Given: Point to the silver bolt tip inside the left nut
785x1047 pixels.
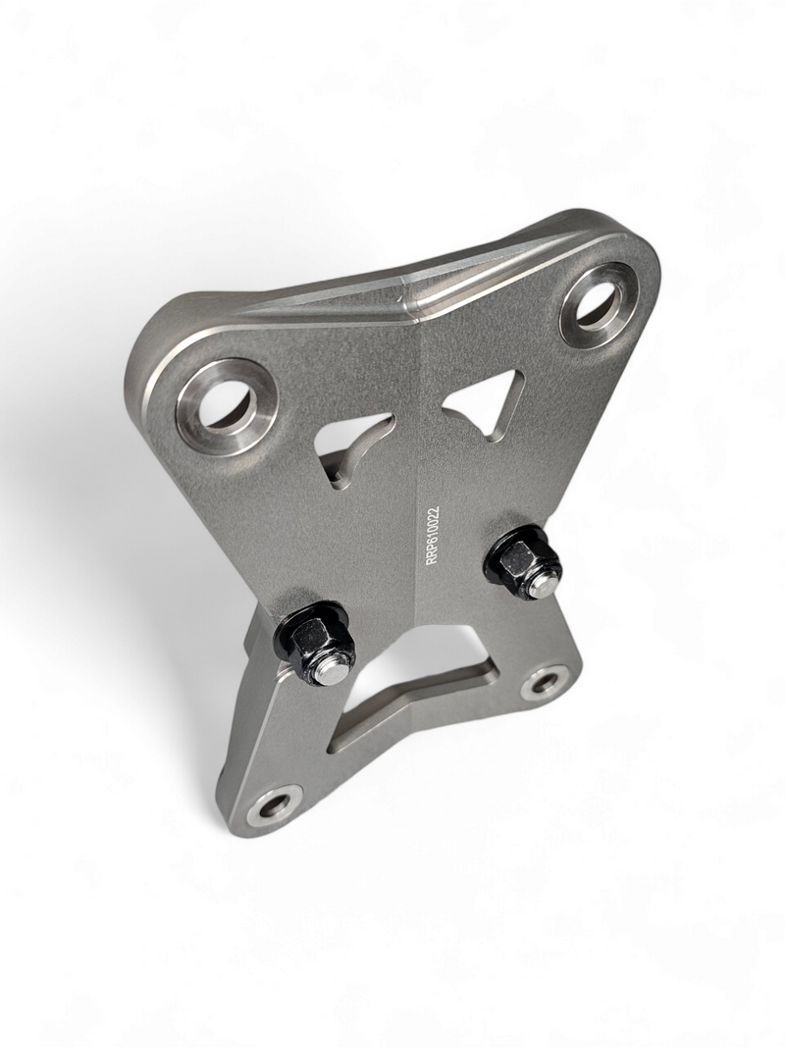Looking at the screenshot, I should coord(335,674).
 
